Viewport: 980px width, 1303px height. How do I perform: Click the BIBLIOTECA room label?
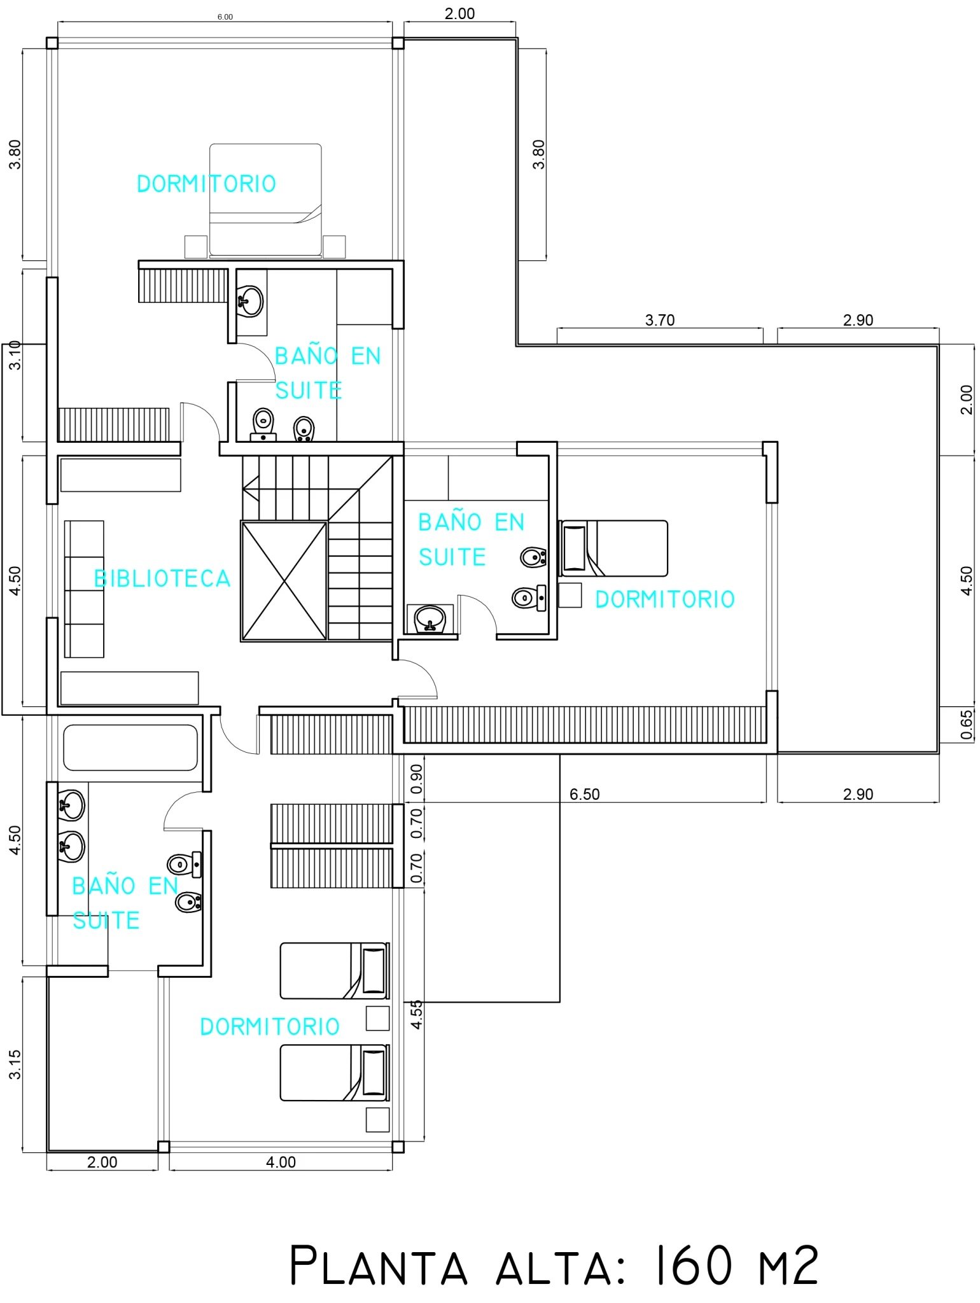[162, 578]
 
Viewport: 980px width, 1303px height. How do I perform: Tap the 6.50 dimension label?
[584, 794]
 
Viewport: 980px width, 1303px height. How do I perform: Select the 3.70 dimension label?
[659, 320]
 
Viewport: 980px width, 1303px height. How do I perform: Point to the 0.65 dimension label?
[966, 725]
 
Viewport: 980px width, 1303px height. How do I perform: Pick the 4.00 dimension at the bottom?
[281, 1162]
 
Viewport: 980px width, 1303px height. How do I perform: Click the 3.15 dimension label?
[15, 1064]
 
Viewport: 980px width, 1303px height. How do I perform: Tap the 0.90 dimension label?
[416, 779]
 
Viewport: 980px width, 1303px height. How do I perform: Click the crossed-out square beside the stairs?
[284, 581]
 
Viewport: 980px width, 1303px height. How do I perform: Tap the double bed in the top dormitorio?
[265, 200]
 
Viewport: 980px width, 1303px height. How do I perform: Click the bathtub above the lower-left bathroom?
[130, 748]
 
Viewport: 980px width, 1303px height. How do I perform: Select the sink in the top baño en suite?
[250, 301]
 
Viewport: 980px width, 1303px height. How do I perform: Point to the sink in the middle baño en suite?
[430, 618]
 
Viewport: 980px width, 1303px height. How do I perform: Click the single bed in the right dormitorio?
[614, 548]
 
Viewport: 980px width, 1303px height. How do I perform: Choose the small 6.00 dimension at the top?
[225, 17]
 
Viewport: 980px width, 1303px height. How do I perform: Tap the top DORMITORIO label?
[207, 184]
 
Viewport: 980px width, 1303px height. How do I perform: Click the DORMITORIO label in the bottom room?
[270, 1026]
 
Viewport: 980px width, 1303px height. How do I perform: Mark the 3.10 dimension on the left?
[15, 355]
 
